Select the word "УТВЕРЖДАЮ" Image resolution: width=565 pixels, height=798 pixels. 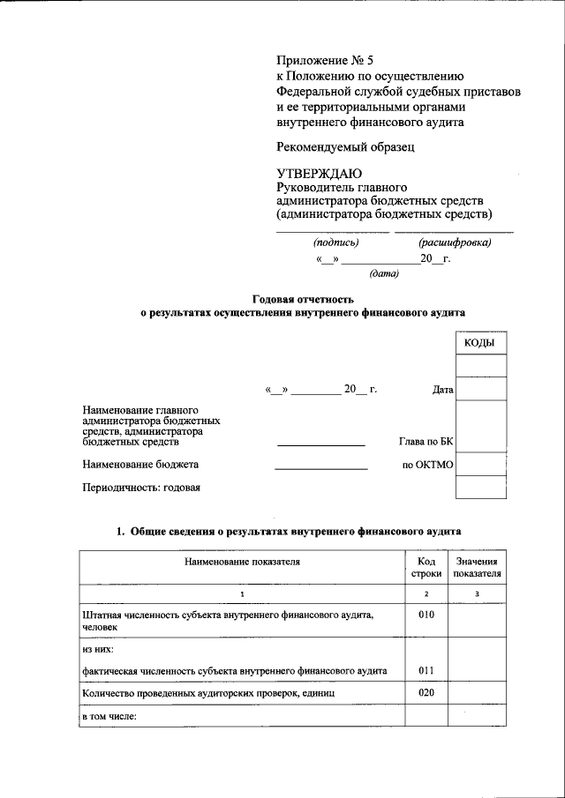[320, 173]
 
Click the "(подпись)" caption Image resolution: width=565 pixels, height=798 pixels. [335, 242]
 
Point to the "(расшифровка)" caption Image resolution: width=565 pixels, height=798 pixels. [456, 242]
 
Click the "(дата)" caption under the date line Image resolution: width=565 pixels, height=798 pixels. [384, 274]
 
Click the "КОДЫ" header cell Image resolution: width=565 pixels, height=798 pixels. [480, 343]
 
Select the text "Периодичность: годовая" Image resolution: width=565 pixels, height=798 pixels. [141, 488]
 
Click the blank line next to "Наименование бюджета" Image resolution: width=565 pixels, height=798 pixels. [320, 465]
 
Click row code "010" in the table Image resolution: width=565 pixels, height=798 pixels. [426, 614]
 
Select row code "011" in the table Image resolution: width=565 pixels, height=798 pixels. [426, 670]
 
